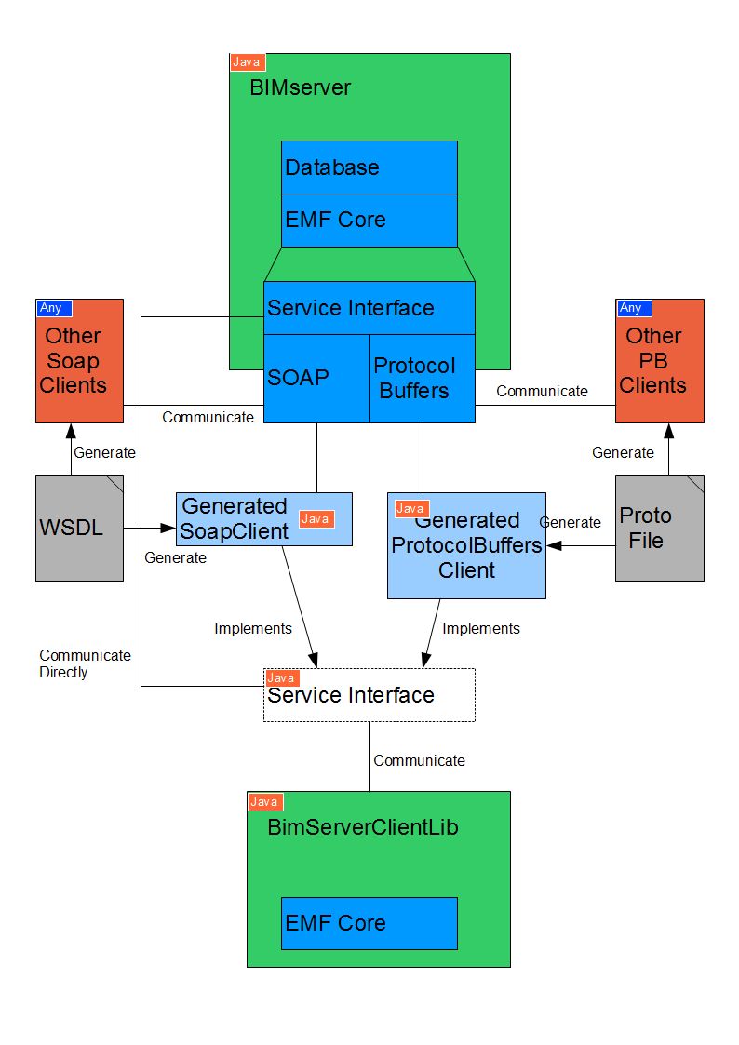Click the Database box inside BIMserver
coord(369,167)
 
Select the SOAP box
coord(316,378)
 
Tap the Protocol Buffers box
coord(423,378)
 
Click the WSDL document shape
coord(79,528)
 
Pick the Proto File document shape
coord(660,528)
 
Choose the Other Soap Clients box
coord(79,360)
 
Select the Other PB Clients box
coord(660,360)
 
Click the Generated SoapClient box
coord(264,519)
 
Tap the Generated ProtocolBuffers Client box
coord(466,545)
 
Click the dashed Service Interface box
coord(369,695)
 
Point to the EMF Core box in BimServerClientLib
coord(369,923)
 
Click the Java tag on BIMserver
coord(248,62)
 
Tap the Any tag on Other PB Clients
coord(634,308)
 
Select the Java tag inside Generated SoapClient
coord(316,519)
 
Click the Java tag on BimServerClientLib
coord(265,802)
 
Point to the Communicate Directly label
coord(86,663)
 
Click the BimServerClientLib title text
coord(362,827)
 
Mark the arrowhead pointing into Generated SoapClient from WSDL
coord(168,528)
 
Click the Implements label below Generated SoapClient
coord(253,628)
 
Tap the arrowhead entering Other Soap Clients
coord(72,431)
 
